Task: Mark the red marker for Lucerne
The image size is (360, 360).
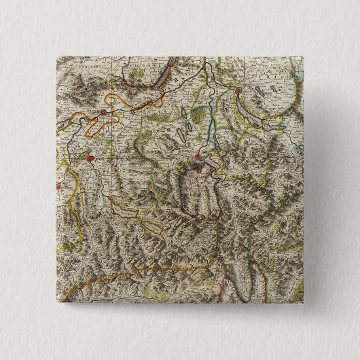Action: [197, 161]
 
